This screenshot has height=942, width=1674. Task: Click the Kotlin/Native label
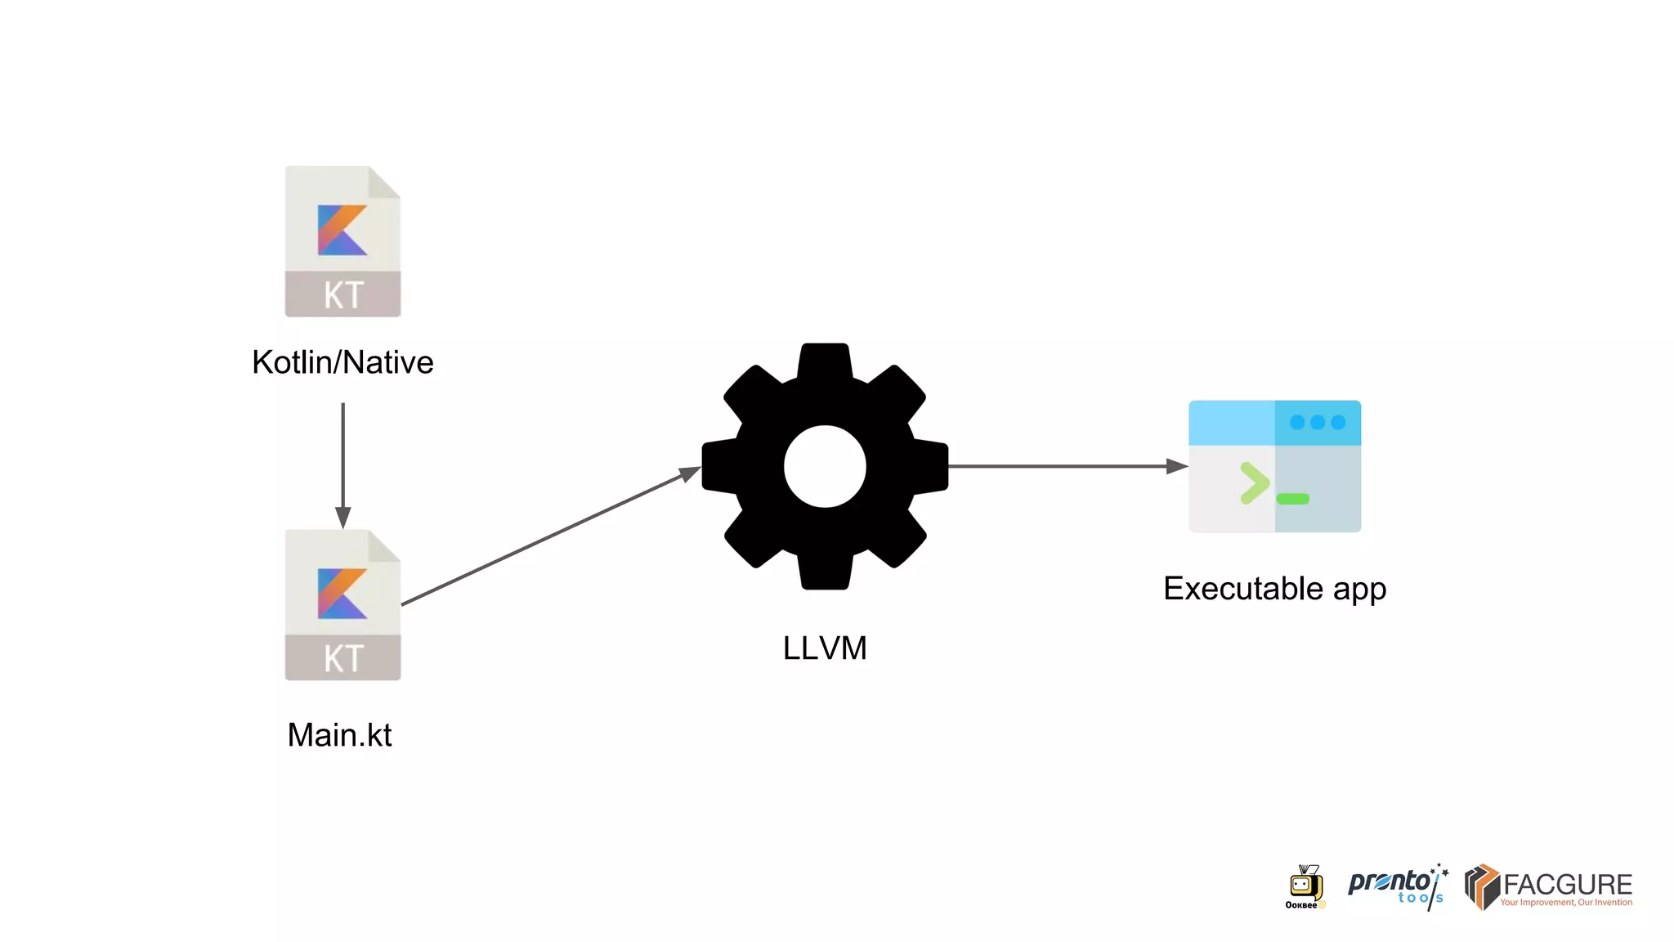342,362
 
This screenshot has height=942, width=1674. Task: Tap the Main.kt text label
339,735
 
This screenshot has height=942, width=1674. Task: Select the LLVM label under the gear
824,648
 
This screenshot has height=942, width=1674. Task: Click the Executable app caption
1274,589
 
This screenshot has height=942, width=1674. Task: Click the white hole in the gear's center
824,467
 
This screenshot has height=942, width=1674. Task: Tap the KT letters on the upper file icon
342,295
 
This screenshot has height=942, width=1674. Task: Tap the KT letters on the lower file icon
342,658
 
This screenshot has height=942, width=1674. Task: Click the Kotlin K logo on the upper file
341,230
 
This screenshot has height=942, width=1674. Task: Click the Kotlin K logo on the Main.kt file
341,594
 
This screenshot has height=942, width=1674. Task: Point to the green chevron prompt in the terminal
1253,482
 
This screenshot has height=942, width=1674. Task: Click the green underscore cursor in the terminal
1292,499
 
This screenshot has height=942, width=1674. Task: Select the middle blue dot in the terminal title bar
1317,423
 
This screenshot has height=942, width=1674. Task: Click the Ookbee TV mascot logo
1305,886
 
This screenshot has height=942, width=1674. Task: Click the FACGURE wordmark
1567,885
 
